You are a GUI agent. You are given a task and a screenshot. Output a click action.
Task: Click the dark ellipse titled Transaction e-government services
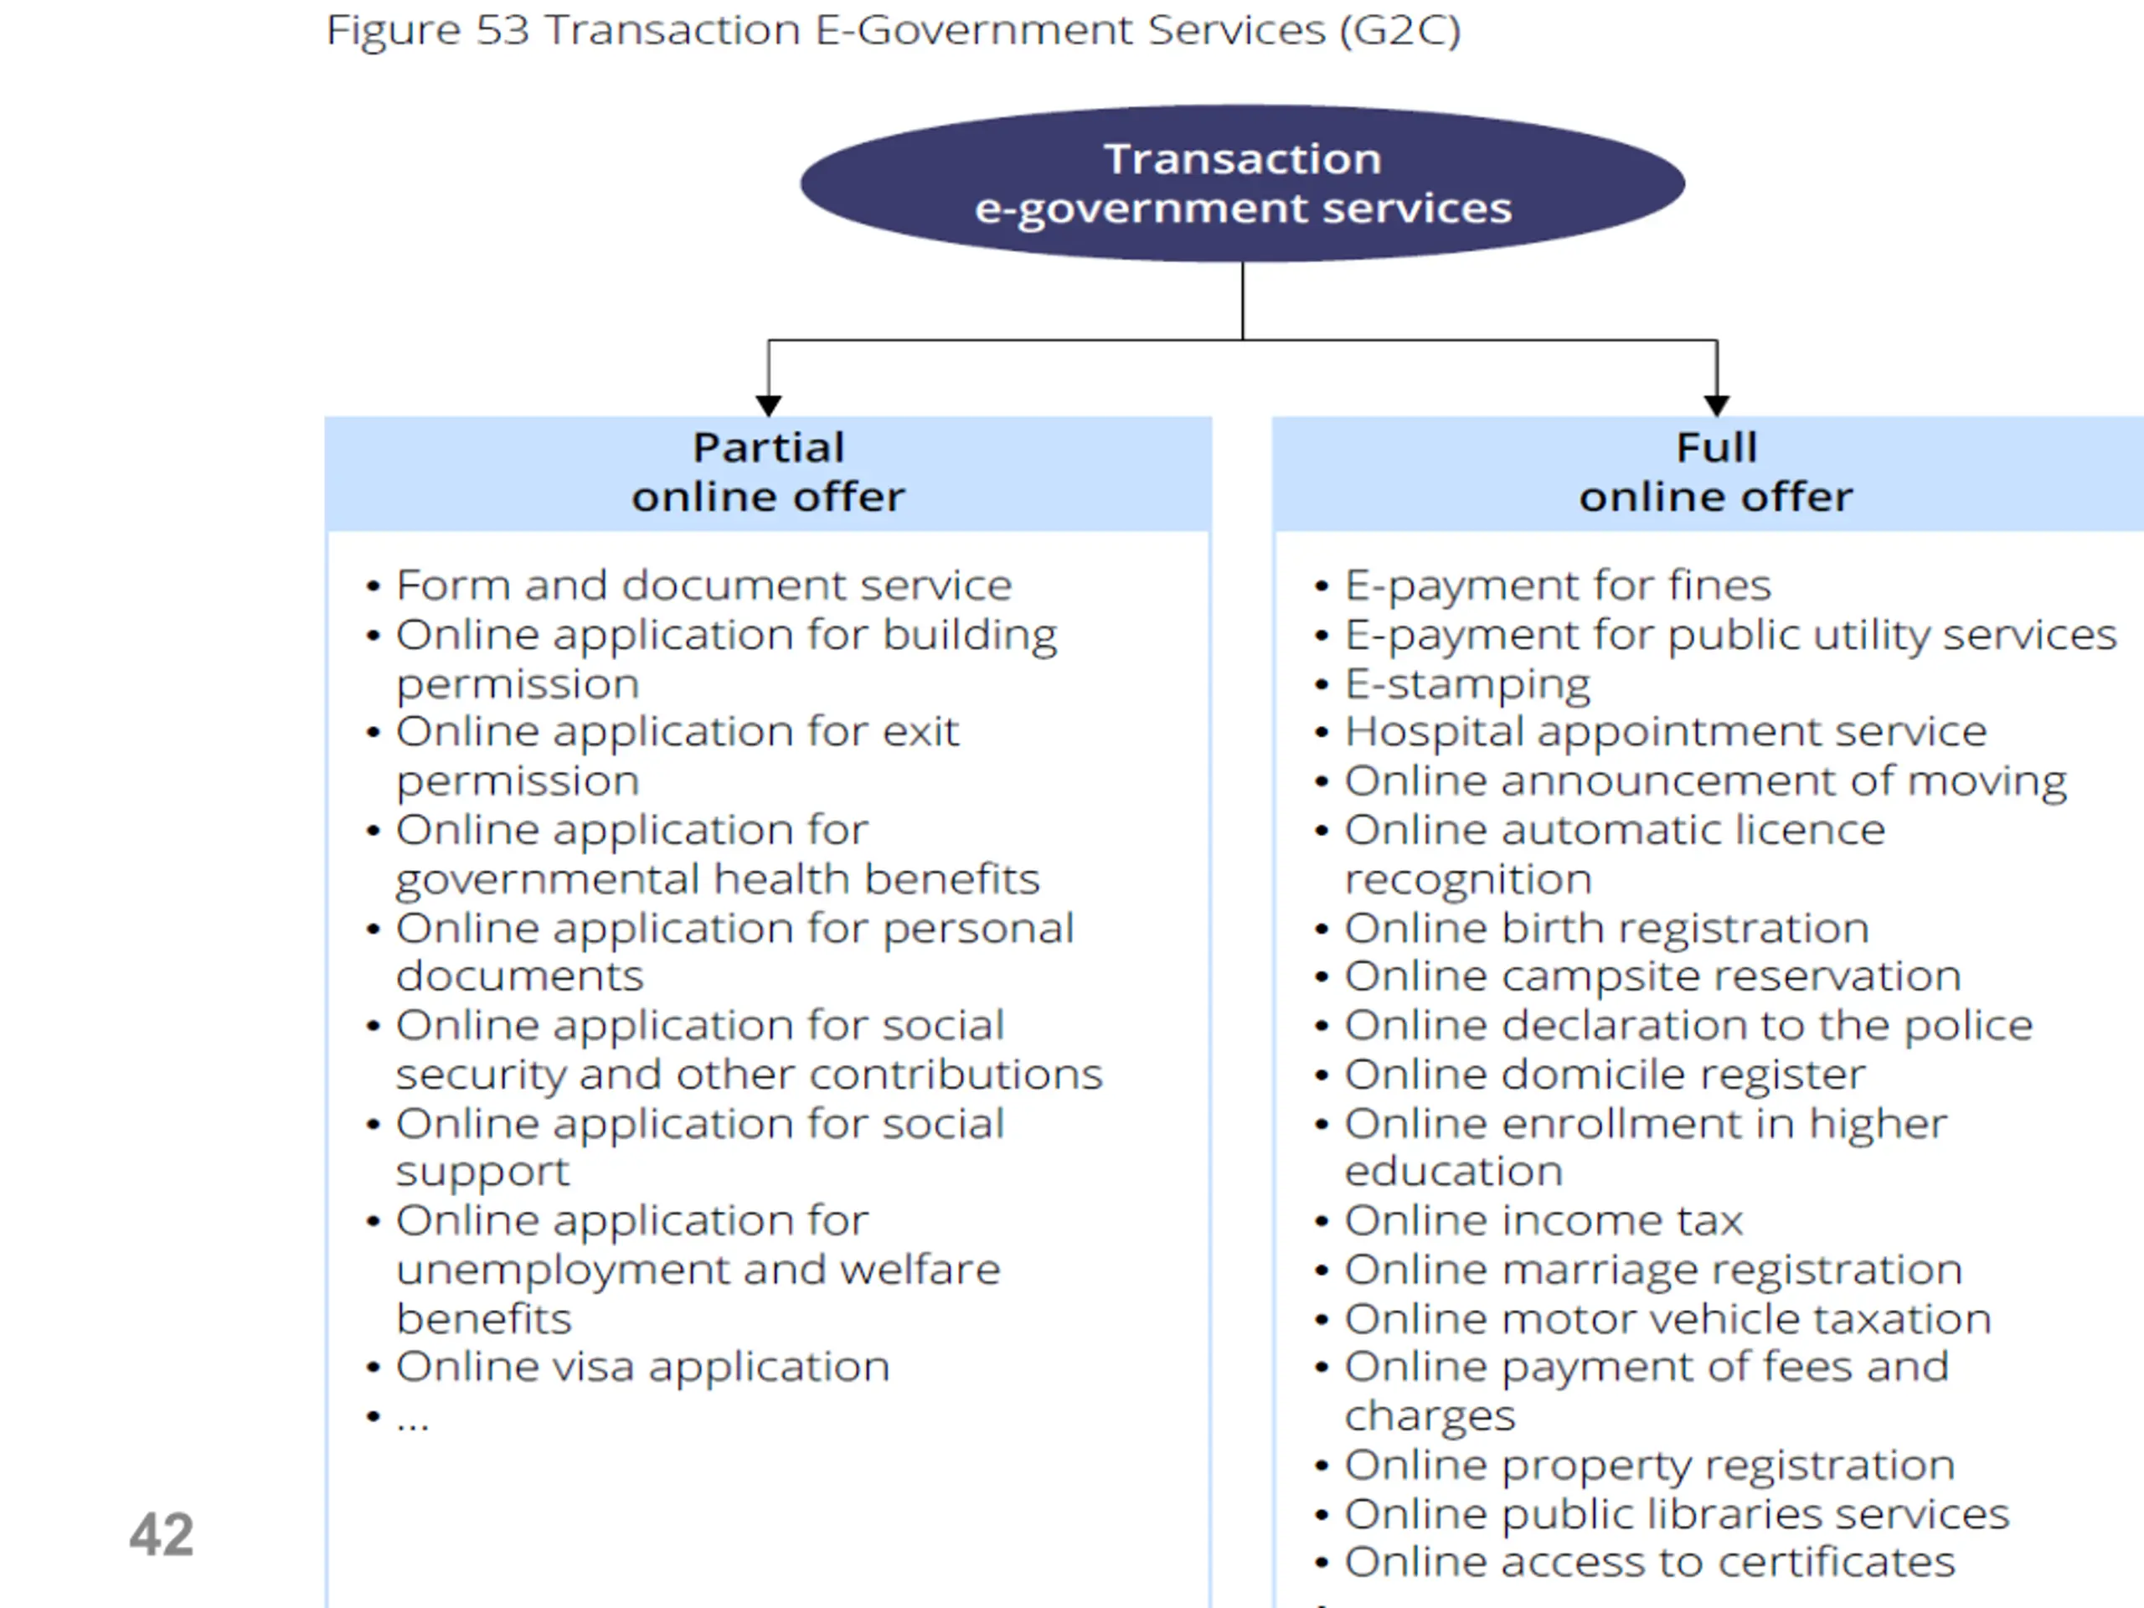pos(1242,183)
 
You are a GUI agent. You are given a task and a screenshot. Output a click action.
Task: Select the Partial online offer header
pos(768,473)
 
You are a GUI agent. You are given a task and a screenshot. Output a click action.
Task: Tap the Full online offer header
pos(1714,473)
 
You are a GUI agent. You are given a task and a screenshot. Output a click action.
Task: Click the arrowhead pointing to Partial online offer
pos(769,405)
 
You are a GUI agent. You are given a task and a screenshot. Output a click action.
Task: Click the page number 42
pos(161,1534)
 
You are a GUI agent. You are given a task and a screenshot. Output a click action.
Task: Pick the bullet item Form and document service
pos(703,585)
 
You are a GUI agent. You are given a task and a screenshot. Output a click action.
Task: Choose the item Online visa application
pos(642,1367)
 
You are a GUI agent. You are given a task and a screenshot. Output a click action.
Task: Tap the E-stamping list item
pos(1466,684)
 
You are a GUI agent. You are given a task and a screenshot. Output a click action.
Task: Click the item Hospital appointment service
pos(1665,732)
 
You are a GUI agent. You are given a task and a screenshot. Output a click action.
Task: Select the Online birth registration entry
pos(1606,929)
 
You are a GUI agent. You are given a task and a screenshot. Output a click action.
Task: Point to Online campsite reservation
pos(1652,976)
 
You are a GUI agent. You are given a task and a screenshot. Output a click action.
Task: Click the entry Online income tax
pos(1543,1220)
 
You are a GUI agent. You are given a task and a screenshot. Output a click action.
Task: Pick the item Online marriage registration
pos(1652,1270)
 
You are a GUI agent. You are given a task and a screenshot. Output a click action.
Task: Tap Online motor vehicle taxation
pos(1667,1319)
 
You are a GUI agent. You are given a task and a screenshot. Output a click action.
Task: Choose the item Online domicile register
pos(1604,1075)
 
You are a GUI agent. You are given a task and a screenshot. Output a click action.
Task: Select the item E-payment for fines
pos(1558,585)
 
